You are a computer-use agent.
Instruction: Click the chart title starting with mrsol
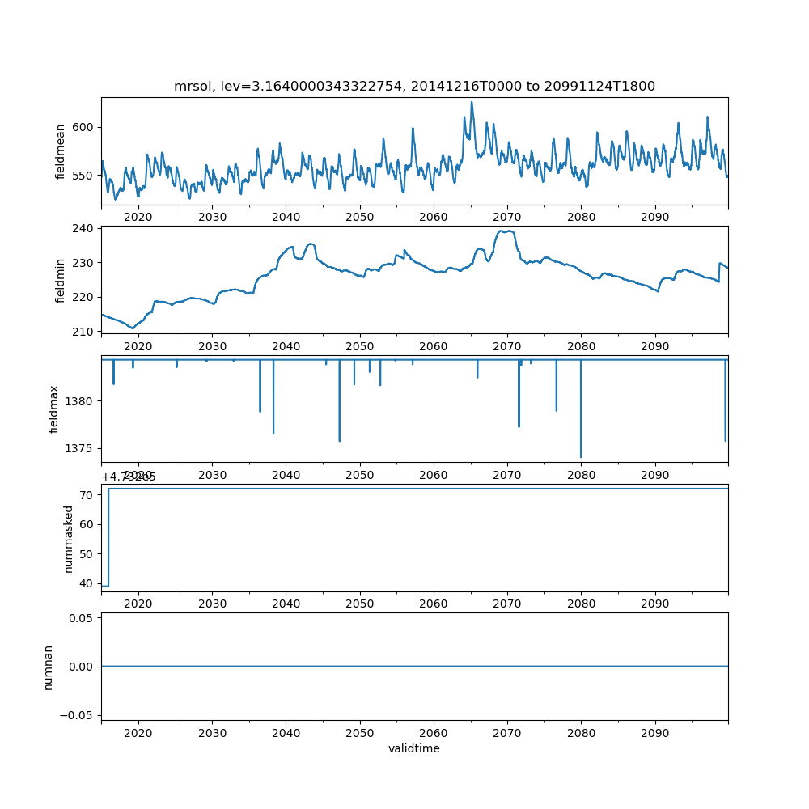414,86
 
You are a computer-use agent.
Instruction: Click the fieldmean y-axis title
60,151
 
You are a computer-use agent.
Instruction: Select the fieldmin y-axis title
60,280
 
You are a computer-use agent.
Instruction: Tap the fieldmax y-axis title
54,409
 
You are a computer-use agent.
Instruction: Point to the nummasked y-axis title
69,538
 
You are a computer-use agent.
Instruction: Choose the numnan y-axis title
48,667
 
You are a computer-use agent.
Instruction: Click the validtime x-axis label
414,749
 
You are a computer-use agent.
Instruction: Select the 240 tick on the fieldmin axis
83,229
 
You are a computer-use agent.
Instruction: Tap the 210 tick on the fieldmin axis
83,331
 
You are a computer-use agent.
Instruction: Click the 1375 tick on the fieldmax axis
81,448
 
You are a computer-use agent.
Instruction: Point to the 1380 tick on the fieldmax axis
81,401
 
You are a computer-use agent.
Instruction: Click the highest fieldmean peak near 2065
472,102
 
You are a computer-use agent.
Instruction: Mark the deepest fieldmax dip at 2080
581,457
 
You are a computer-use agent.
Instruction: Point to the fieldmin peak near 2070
507,231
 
